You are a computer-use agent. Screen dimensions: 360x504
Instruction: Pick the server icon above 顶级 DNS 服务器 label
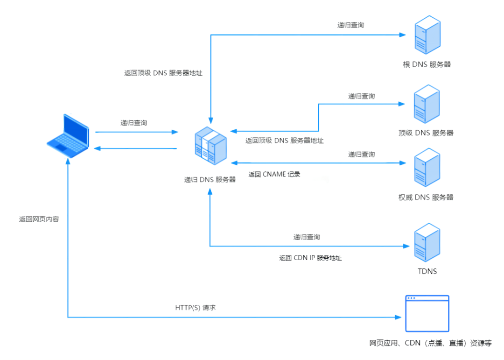tap(427, 104)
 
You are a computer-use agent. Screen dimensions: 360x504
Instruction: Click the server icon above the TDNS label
tap(427, 242)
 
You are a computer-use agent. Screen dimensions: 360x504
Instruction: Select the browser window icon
tap(427, 313)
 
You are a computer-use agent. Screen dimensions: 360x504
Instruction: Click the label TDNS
tap(427, 271)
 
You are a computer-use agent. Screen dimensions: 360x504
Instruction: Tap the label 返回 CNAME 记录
tap(274, 175)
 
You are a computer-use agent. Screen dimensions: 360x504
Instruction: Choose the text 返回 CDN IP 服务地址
tap(310, 258)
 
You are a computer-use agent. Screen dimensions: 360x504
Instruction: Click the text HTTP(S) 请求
tap(195, 308)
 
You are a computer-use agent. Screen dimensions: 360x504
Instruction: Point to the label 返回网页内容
tap(39, 219)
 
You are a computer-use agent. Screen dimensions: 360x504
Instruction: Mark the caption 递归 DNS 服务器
tap(210, 179)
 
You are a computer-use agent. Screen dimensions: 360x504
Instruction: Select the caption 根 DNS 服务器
tap(427, 64)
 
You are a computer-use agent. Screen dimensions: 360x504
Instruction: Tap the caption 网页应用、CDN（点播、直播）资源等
tap(430, 343)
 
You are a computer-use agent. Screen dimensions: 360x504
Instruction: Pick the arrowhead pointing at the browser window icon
tap(399, 318)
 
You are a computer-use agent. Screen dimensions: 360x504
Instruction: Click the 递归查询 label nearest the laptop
tap(134, 123)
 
